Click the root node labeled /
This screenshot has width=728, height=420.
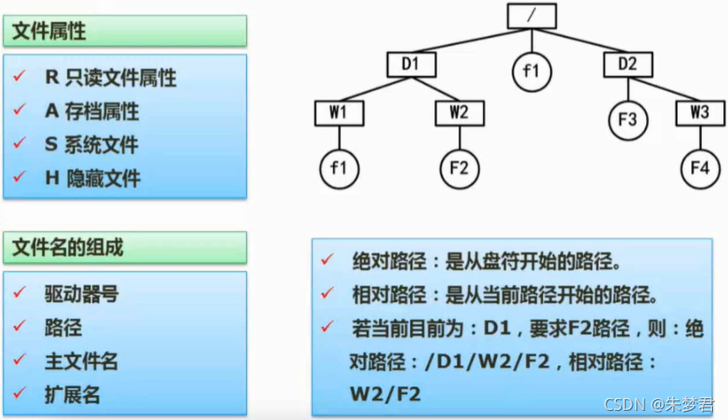click(531, 14)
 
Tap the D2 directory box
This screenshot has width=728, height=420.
click(627, 63)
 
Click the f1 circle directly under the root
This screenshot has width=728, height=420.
click(531, 71)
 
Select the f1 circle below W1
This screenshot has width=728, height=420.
click(338, 168)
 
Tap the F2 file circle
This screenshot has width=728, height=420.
click(459, 168)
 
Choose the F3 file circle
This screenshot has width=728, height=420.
click(628, 120)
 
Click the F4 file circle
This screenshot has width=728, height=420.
click(700, 168)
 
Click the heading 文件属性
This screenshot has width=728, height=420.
click(49, 33)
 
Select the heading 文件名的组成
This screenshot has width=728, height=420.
click(68, 248)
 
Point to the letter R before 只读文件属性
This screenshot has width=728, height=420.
click(50, 78)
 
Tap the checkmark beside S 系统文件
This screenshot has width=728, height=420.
click(19, 144)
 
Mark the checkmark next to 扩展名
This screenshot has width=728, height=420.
click(19, 393)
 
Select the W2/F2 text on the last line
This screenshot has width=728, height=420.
click(385, 393)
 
